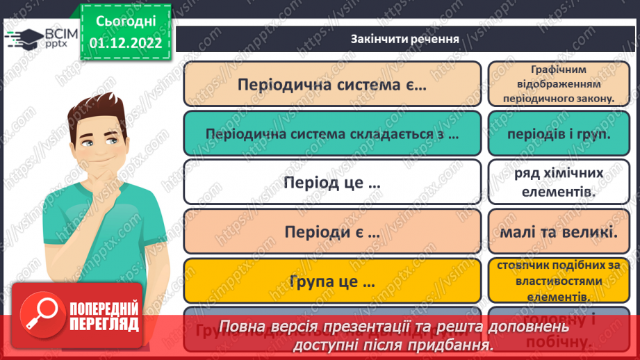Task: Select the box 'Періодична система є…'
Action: [331, 84]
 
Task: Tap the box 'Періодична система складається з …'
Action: [331, 134]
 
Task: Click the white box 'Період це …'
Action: [331, 183]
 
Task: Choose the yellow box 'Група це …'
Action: [331, 282]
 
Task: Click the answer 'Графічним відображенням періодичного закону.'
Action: [559, 84]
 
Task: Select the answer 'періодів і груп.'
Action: [559, 134]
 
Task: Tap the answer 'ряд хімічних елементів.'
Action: [559, 183]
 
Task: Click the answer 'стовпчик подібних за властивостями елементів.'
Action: [559, 281]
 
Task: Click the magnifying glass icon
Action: [39, 314]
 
